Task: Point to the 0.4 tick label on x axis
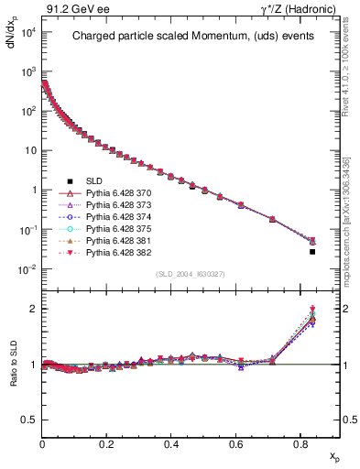[171, 443]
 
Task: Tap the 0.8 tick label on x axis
[300, 443]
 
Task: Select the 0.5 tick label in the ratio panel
[28, 420]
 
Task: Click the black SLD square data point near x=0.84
[313, 251]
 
